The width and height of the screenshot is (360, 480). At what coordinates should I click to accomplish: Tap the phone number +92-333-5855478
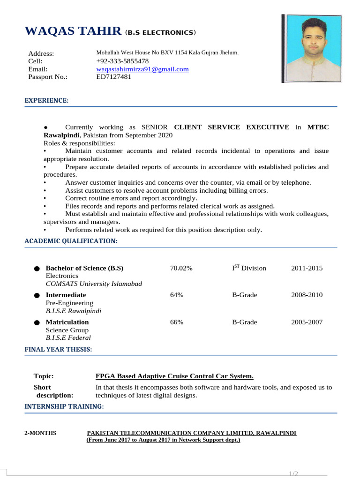click(122, 61)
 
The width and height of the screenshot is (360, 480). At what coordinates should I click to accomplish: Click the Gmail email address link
click(142, 69)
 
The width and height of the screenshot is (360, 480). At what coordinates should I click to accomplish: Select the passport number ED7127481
click(114, 77)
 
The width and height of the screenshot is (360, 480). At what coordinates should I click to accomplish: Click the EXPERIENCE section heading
click(46, 101)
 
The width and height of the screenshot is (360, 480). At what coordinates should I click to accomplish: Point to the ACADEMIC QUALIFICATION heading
click(71, 241)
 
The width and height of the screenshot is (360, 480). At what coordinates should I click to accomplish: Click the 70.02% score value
click(181, 268)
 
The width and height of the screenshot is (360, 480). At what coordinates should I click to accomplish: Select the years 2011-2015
click(307, 268)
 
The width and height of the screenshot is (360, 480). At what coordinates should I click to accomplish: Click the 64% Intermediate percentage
click(177, 295)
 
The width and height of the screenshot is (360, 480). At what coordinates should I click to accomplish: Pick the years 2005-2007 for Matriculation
click(307, 322)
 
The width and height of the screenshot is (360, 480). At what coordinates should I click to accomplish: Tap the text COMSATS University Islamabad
click(94, 284)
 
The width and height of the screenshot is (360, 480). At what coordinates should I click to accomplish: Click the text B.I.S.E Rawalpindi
click(73, 311)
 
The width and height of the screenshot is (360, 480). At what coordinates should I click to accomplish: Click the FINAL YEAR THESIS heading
click(58, 349)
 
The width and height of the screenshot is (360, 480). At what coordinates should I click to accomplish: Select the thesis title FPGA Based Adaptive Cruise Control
click(174, 376)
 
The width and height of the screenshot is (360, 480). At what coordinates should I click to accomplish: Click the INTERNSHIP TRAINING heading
click(64, 406)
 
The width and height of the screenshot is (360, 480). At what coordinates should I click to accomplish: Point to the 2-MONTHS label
click(40, 433)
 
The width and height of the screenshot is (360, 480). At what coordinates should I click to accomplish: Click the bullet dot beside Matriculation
click(37, 323)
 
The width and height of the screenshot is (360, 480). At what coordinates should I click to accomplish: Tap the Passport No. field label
click(48, 77)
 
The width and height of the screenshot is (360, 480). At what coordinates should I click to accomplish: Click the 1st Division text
click(249, 268)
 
